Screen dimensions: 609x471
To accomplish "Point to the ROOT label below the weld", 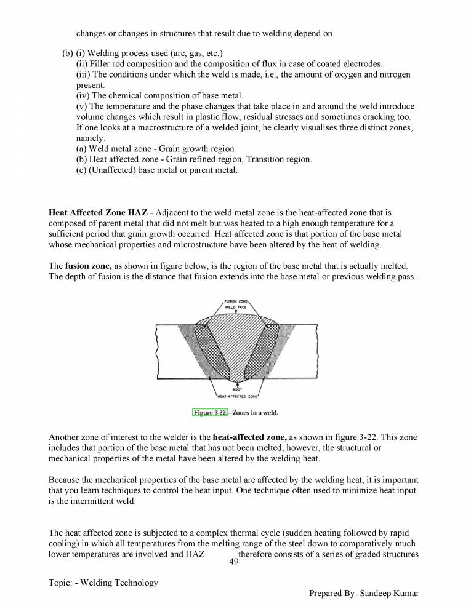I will (237, 389).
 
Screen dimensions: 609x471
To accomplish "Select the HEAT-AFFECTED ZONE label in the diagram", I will (237, 396).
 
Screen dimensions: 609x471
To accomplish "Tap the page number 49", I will (233, 562).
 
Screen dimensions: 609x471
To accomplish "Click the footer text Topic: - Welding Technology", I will (103, 583).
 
